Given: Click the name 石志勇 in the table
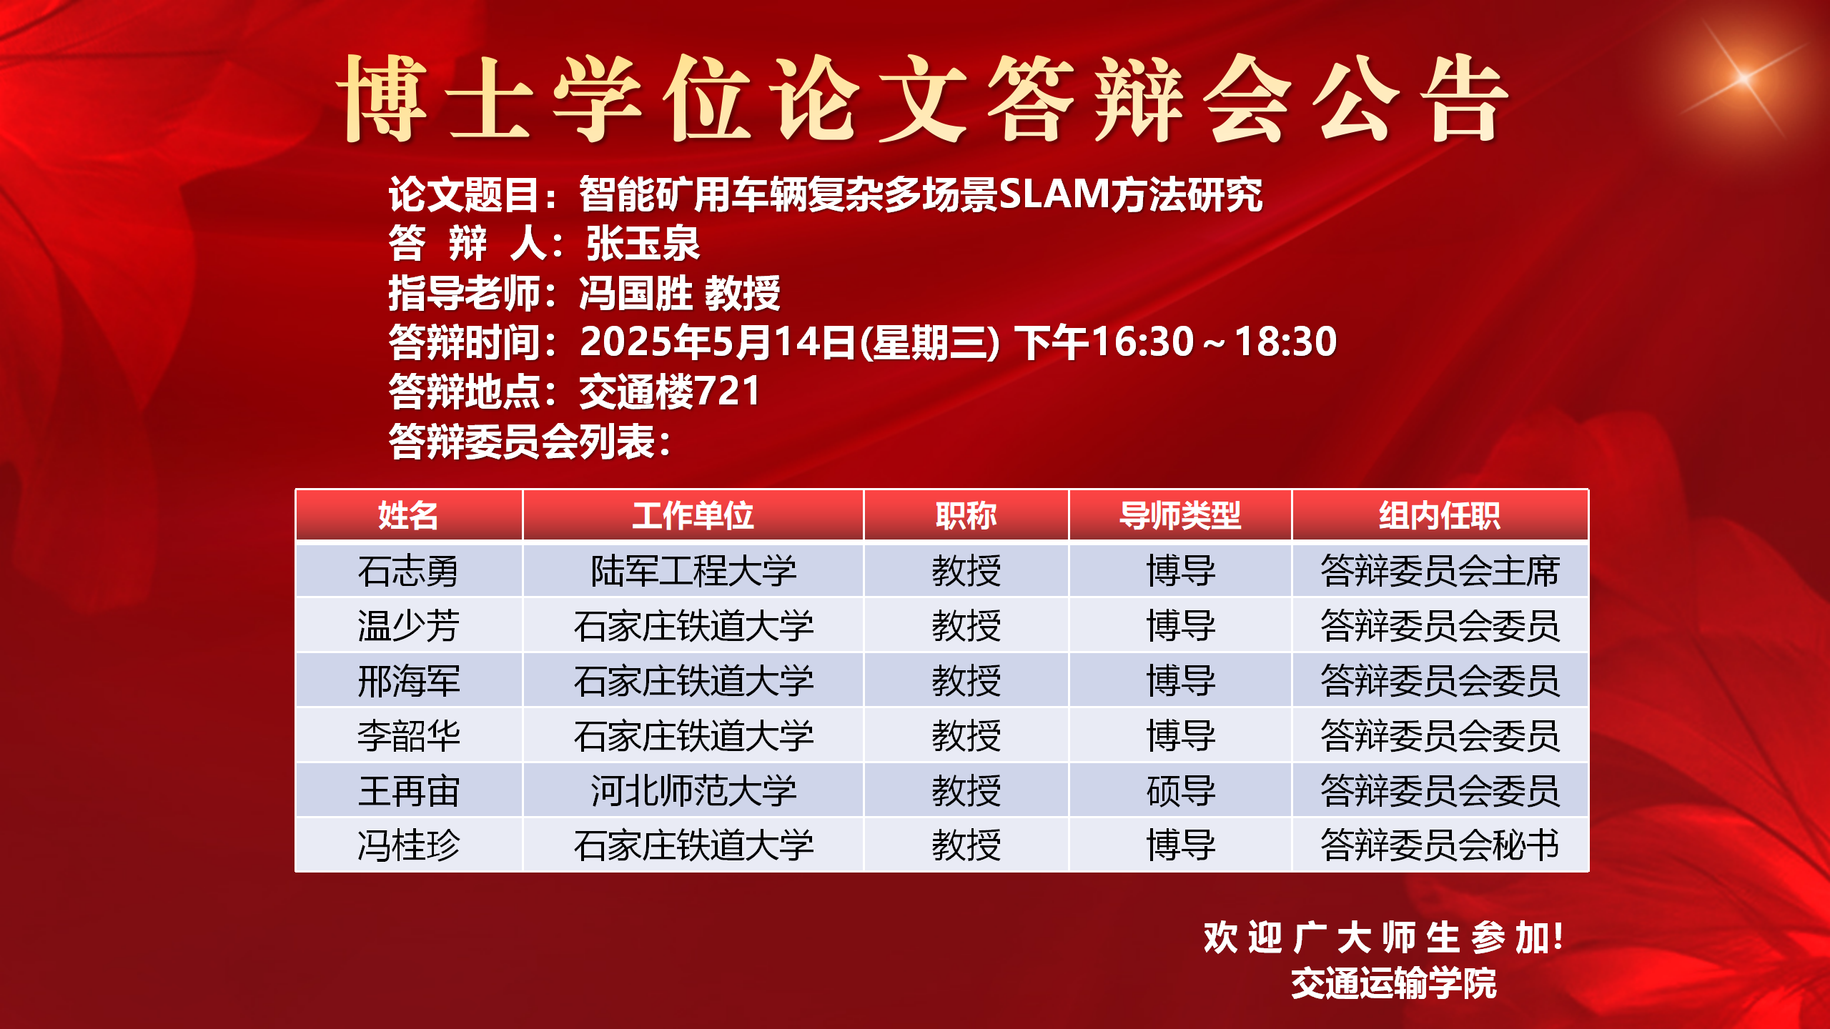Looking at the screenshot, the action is (408, 572).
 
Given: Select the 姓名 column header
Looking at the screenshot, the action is (408, 515).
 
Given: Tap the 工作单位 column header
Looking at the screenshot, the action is (693, 515).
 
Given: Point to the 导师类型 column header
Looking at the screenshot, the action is (1180, 515).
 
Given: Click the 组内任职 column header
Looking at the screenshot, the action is (1440, 515).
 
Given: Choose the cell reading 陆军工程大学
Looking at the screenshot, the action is (693, 572).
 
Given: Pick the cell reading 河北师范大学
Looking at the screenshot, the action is (693, 791).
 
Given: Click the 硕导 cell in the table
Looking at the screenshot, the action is (1181, 791).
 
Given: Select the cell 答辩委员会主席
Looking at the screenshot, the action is (1440, 572).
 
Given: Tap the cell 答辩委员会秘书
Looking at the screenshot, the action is (1440, 845).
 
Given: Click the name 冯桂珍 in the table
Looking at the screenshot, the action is (408, 845).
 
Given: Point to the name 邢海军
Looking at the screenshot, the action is (408, 681).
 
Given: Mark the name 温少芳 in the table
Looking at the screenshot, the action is (408, 626).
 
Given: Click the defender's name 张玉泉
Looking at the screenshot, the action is (643, 243).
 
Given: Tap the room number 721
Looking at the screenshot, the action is (727, 391).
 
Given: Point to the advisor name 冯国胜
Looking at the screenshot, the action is (635, 293).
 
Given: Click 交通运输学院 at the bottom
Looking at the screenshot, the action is (1394, 983).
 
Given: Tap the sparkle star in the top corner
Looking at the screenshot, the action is (1744, 77).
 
